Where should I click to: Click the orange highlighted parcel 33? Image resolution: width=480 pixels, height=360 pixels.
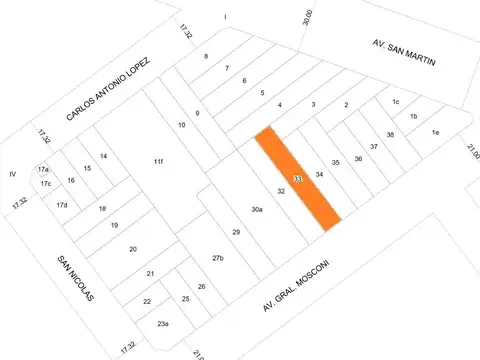pos(298,178)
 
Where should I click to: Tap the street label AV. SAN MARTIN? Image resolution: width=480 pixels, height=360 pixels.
pos(404,53)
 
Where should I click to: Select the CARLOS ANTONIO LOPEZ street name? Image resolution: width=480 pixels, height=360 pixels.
pos(108,89)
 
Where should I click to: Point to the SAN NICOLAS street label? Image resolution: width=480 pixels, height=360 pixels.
pos(76,278)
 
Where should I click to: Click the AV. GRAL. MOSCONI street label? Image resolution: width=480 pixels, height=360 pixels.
pos(296,285)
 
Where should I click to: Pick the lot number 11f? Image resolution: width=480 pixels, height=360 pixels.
pos(158,162)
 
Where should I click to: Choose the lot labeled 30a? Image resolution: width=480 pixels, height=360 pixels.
pos(257,209)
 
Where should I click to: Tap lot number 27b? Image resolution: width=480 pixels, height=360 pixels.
pos(218,258)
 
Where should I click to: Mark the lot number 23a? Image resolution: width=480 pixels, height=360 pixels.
pos(163,323)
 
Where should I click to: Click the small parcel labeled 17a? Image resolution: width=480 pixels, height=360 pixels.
pos(43,169)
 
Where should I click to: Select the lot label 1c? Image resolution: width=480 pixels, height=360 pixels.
pos(396,102)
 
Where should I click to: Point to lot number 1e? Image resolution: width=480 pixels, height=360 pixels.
pos(435,132)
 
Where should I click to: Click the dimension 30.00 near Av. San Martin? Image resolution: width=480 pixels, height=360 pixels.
pos(308,17)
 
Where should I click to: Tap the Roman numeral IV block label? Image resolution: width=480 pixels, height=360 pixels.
pos(13,174)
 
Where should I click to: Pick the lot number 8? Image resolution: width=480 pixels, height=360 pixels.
pos(206,56)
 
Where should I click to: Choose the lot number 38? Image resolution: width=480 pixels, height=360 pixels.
pos(390,135)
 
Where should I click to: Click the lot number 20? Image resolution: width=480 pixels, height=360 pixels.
pos(133,249)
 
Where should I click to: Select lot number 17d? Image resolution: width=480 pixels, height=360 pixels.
pos(62,205)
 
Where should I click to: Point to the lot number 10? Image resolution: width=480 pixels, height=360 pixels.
pos(182,125)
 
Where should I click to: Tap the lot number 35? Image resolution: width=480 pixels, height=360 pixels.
pos(336,162)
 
